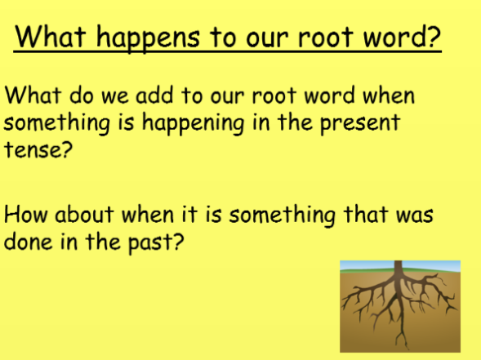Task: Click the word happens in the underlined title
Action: click(148, 38)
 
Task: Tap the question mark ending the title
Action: click(434, 36)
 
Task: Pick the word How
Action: click(26, 214)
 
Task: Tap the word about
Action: click(84, 214)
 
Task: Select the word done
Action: click(28, 242)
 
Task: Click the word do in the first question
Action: click(81, 95)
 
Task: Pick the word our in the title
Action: click(267, 39)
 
